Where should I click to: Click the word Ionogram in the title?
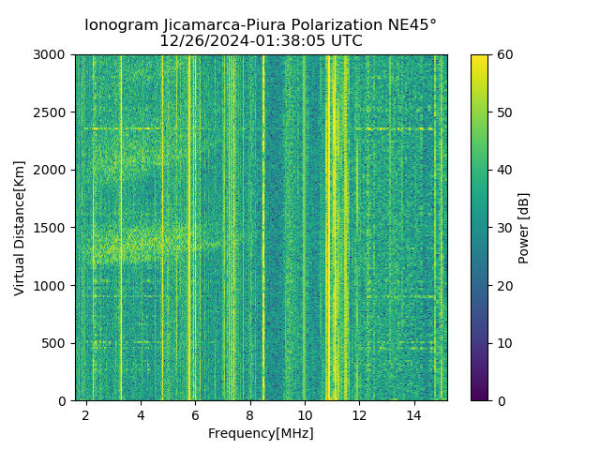(120, 25)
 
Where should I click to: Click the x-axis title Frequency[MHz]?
(261, 433)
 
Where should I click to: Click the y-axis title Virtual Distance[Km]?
(20, 228)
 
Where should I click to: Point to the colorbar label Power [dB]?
(524, 228)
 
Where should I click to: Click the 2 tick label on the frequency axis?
(86, 414)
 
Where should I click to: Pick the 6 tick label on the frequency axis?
(195, 414)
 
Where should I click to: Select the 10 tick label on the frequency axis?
(305, 414)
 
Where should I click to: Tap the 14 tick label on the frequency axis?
(413, 414)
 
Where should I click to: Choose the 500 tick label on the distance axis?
(56, 343)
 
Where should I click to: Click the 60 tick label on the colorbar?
(503, 55)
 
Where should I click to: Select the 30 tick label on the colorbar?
(503, 228)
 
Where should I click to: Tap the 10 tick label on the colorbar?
(503, 343)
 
